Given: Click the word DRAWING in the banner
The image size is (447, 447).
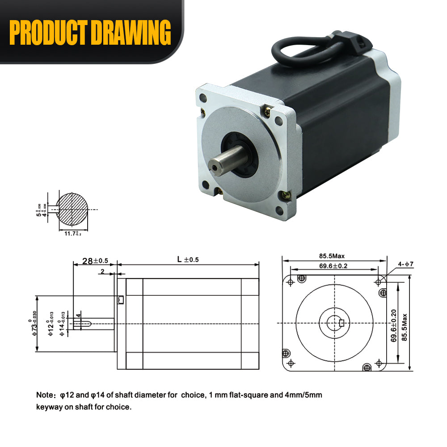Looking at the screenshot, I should tap(130, 32).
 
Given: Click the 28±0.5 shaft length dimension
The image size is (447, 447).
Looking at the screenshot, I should tap(95, 261).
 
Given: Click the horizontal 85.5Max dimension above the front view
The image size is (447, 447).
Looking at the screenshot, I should tap(332, 256).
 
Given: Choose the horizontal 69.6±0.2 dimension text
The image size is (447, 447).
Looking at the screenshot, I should tap(333, 266).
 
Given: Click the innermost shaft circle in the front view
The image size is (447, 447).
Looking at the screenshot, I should tap(334, 323).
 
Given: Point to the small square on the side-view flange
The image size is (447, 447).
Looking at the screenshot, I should tap(120, 300).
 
